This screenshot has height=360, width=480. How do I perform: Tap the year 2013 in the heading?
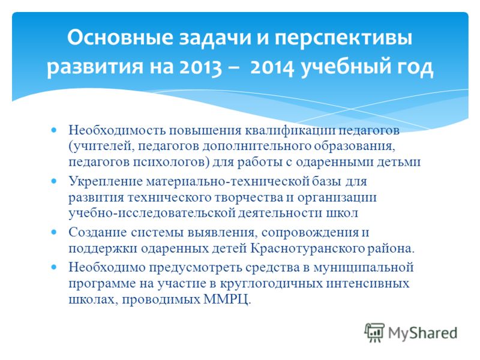coord(200,67)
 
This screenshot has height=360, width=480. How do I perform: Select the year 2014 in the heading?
coord(272,67)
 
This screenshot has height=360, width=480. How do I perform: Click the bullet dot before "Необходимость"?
coord(54,130)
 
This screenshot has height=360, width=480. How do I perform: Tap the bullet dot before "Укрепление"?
coord(54,181)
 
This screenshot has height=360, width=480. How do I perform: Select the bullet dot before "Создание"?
coord(54,232)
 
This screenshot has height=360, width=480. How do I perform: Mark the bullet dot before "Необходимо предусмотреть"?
coord(54,267)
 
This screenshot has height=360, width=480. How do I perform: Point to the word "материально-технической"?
coord(227,181)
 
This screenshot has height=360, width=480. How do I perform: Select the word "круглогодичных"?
coord(271,283)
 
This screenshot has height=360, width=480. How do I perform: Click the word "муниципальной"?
coord(364,267)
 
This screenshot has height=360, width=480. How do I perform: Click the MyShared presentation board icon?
coord(374,332)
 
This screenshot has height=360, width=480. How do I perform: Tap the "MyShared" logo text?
coord(423,333)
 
